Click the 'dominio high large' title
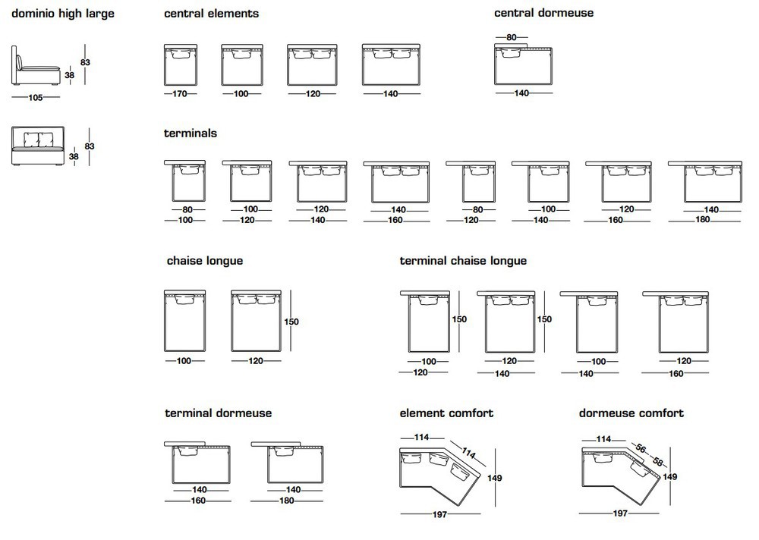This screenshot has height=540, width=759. pos(63,14)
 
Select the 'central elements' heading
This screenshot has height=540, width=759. pos(211,14)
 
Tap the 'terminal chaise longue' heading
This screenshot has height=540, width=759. pos(463,262)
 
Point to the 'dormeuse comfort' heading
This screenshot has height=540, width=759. pos(631,413)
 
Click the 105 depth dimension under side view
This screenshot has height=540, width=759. pos(36,98)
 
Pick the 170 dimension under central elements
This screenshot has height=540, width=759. pos(180,94)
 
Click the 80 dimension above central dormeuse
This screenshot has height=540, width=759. pos(511,37)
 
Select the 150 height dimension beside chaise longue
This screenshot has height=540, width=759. pos(291,322)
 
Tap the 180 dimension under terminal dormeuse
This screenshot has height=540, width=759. pos(287,501)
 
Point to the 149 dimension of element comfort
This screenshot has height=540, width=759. pos(494,478)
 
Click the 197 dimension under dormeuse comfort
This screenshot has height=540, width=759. pos(620,513)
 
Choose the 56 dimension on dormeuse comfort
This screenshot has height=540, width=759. pos(641,449)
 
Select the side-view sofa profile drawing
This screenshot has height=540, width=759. pos(35,66)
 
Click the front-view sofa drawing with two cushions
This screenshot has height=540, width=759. pos(38,146)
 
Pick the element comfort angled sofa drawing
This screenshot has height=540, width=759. pos(439,476)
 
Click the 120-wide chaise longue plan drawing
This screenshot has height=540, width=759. pos(256,321)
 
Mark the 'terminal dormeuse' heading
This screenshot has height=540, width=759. pos(219,413)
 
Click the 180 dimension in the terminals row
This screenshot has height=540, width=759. pos(702,220)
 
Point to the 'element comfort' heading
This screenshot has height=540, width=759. pos(446,413)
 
